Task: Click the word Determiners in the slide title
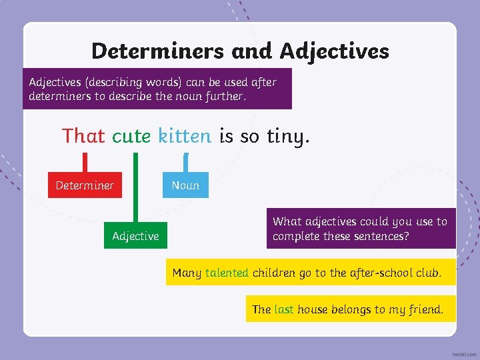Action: (x=158, y=51)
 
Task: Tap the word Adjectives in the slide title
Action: (x=334, y=51)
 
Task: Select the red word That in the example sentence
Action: (x=83, y=136)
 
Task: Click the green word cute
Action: (x=131, y=136)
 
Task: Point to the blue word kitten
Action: (x=185, y=136)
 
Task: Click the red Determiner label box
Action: (x=85, y=185)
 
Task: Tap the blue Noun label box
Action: (x=185, y=185)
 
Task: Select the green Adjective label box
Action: (x=135, y=236)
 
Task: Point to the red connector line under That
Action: (x=85, y=163)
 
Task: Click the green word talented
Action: (x=227, y=273)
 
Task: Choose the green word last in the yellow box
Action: (x=284, y=309)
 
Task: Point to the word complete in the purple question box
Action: (x=296, y=236)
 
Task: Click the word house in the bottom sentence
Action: (x=311, y=309)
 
